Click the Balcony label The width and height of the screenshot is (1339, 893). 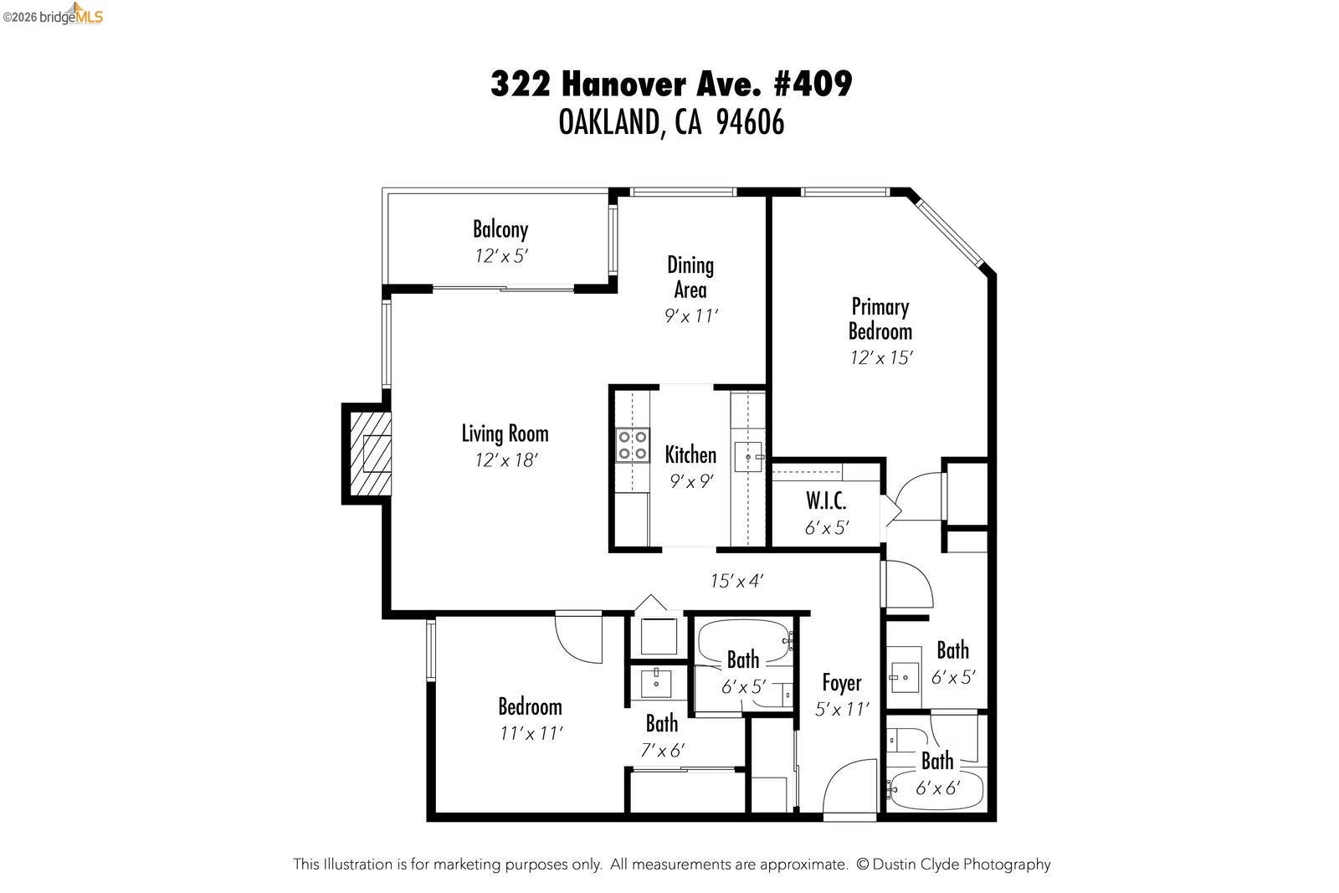coord(500,229)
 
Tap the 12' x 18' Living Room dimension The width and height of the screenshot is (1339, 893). coord(505,460)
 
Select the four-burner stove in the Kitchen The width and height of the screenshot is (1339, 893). coord(633,445)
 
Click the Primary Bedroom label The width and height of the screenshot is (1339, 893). coord(880,319)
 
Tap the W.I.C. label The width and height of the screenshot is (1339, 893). coord(826,501)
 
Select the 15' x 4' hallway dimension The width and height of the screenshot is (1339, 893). coord(736,581)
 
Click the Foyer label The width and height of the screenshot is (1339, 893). coord(841,683)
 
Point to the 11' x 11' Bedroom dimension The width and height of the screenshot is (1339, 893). coord(531,734)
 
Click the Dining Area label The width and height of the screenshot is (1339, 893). coord(690,277)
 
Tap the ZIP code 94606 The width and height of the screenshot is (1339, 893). coord(751,123)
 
